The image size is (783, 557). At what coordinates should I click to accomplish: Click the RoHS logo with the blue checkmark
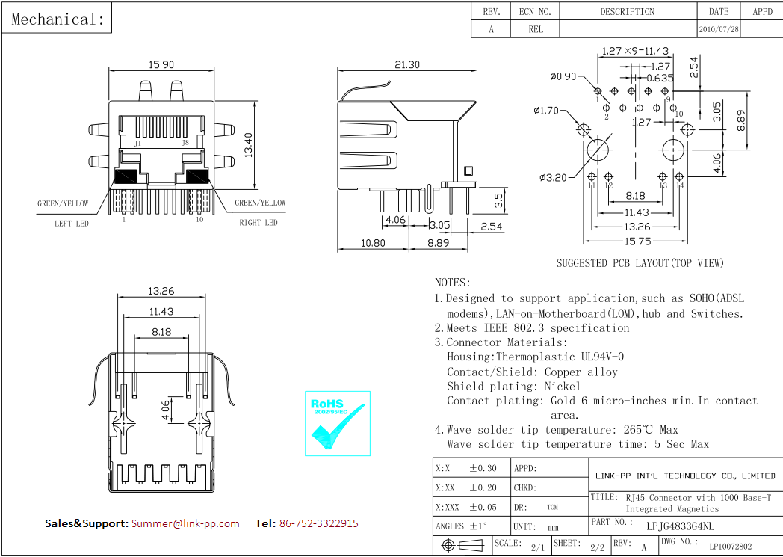point(338,422)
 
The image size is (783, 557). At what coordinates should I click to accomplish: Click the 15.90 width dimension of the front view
point(161,65)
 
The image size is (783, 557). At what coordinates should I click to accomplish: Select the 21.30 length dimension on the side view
point(407,65)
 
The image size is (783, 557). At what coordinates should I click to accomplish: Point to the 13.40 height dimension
point(248,144)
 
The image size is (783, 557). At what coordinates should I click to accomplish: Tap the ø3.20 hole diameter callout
point(554,177)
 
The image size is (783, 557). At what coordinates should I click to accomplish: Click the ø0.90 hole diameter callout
point(563,76)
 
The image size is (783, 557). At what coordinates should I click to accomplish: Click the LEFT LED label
point(72,223)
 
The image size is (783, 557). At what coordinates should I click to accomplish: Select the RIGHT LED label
point(259,223)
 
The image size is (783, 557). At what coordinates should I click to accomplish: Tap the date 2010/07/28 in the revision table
point(719,30)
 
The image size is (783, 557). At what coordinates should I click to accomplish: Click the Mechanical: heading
point(58,19)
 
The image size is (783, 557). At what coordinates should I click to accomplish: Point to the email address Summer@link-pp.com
point(185,523)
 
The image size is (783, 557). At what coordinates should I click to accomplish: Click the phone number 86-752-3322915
point(318,523)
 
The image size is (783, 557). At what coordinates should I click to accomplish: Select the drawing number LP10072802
point(730,547)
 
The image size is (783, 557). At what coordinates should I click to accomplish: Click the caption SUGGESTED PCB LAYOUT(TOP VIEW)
point(640,263)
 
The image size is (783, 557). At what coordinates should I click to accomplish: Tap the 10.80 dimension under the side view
point(373,243)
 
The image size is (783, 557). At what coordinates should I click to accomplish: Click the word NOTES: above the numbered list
point(453,283)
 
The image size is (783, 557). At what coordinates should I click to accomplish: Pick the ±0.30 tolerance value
point(482,469)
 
